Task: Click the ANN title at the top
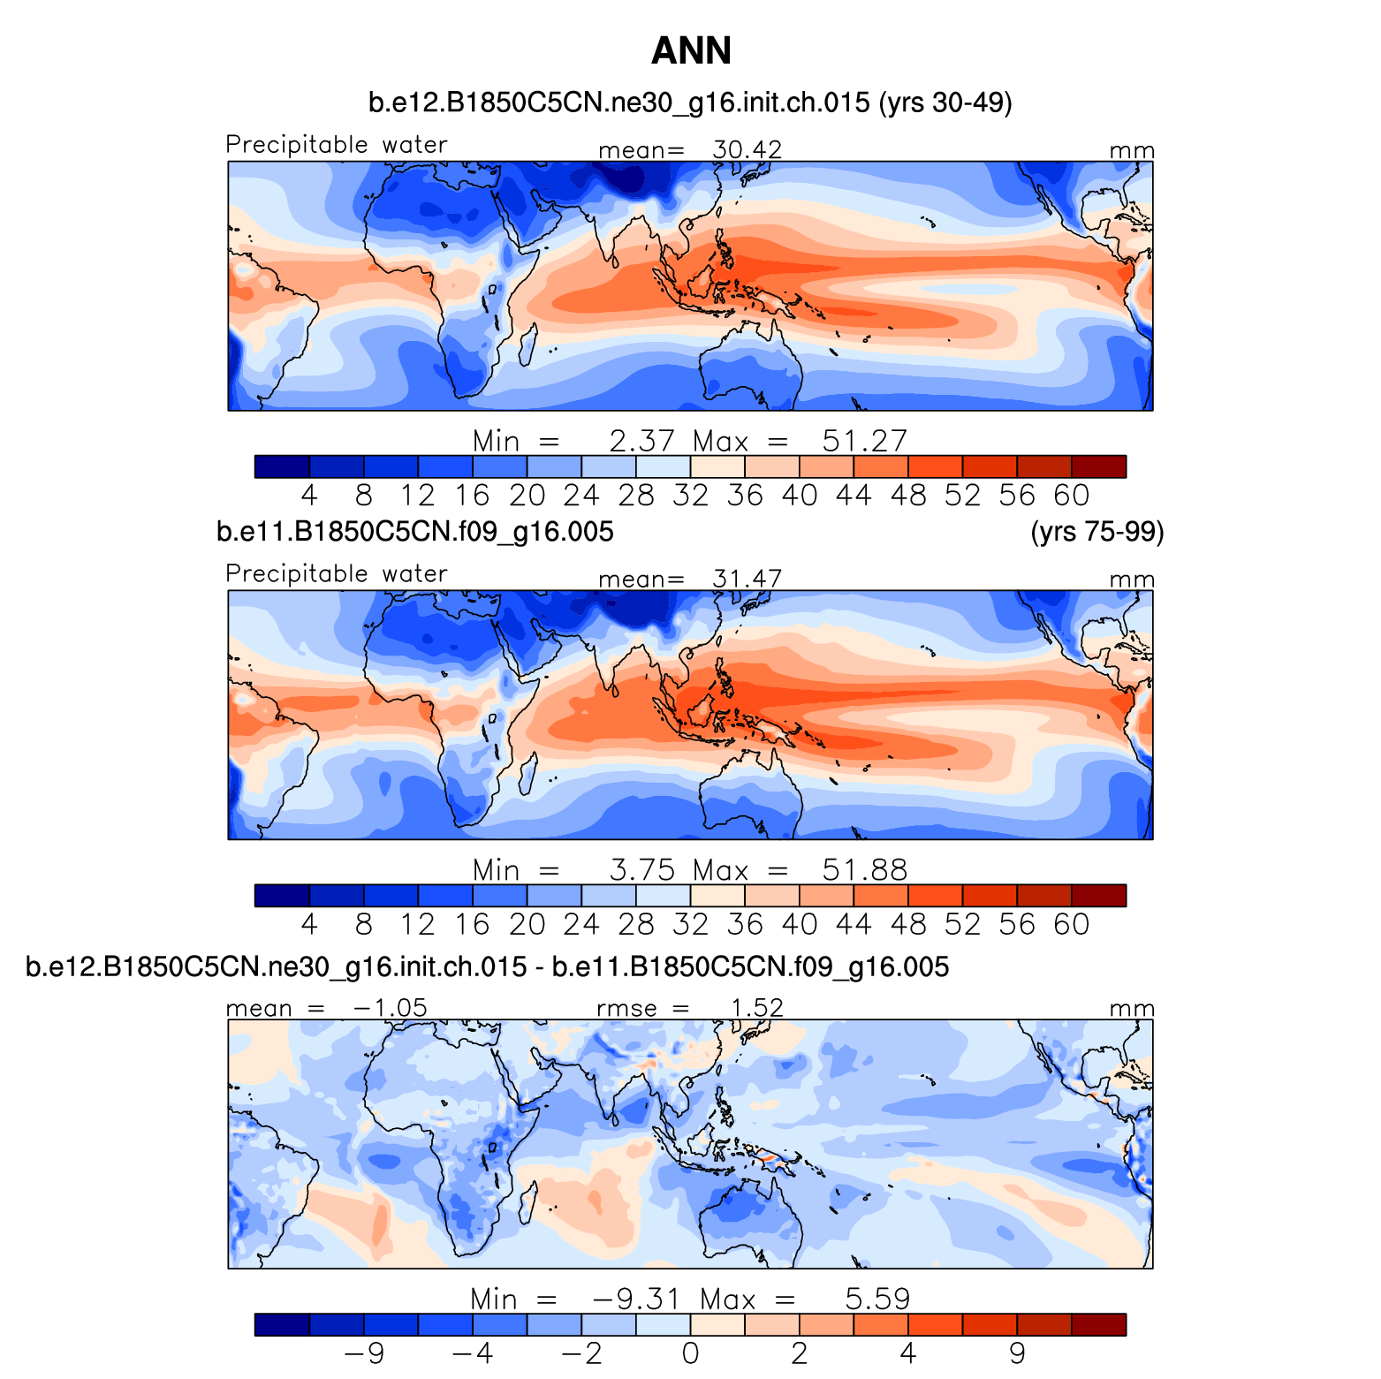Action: pyautogui.click(x=691, y=51)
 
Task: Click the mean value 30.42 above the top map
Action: pyautogui.click(x=747, y=149)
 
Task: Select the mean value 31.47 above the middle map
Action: pyautogui.click(x=747, y=579)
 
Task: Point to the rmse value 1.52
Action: pyautogui.click(x=756, y=1008)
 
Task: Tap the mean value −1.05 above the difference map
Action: pyautogui.click(x=390, y=1008)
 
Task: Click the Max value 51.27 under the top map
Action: pyautogui.click(x=864, y=440)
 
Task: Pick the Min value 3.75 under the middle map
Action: pyautogui.click(x=641, y=869)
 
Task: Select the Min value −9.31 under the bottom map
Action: pyautogui.click(x=636, y=1299)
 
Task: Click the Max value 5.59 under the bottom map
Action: pyautogui.click(x=876, y=1299)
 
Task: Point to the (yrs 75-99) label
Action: pyautogui.click(x=1096, y=531)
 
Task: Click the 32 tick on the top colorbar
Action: pyautogui.click(x=690, y=495)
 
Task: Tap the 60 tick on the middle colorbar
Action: pyautogui.click(x=1071, y=924)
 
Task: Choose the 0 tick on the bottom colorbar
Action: pyautogui.click(x=690, y=1353)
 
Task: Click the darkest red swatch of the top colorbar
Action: pyautogui.click(x=1098, y=466)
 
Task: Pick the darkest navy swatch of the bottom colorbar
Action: pyautogui.click(x=282, y=1325)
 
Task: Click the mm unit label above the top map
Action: pyautogui.click(x=1131, y=150)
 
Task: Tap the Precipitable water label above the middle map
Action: pyautogui.click(x=337, y=573)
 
